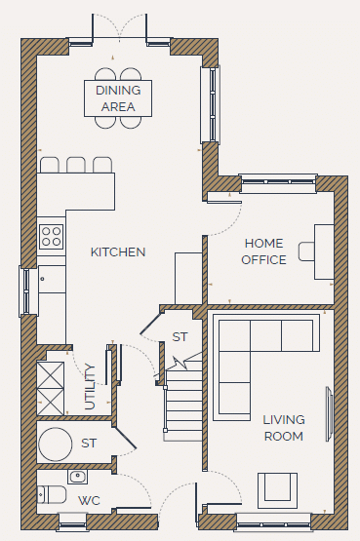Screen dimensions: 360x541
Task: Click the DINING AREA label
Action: tap(118, 98)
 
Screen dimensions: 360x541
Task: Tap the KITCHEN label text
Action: tap(118, 252)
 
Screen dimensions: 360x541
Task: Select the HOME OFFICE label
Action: tap(263, 251)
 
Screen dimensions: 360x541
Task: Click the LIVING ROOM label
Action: tap(284, 428)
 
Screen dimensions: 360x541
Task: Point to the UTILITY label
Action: tap(90, 387)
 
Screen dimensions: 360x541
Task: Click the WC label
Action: tap(89, 500)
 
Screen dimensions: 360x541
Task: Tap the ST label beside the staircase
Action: tap(180, 336)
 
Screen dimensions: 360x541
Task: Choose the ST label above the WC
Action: tap(89, 443)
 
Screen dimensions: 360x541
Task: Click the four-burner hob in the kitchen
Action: tap(52, 236)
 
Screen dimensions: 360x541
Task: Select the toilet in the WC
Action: tap(51, 495)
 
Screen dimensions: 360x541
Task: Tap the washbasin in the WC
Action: tap(77, 477)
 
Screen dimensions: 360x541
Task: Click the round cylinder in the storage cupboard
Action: tap(56, 444)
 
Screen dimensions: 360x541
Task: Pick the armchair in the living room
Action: tap(277, 490)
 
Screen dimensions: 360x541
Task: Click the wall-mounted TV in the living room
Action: tap(330, 414)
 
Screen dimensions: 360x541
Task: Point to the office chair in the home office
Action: tap(306, 251)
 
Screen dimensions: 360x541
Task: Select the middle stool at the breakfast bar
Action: tap(76, 165)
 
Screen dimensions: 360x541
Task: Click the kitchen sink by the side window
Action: tap(52, 280)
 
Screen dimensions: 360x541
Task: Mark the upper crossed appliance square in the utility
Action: tap(51, 375)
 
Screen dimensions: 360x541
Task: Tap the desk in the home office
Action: tap(324, 251)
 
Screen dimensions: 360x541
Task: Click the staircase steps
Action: tap(183, 402)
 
